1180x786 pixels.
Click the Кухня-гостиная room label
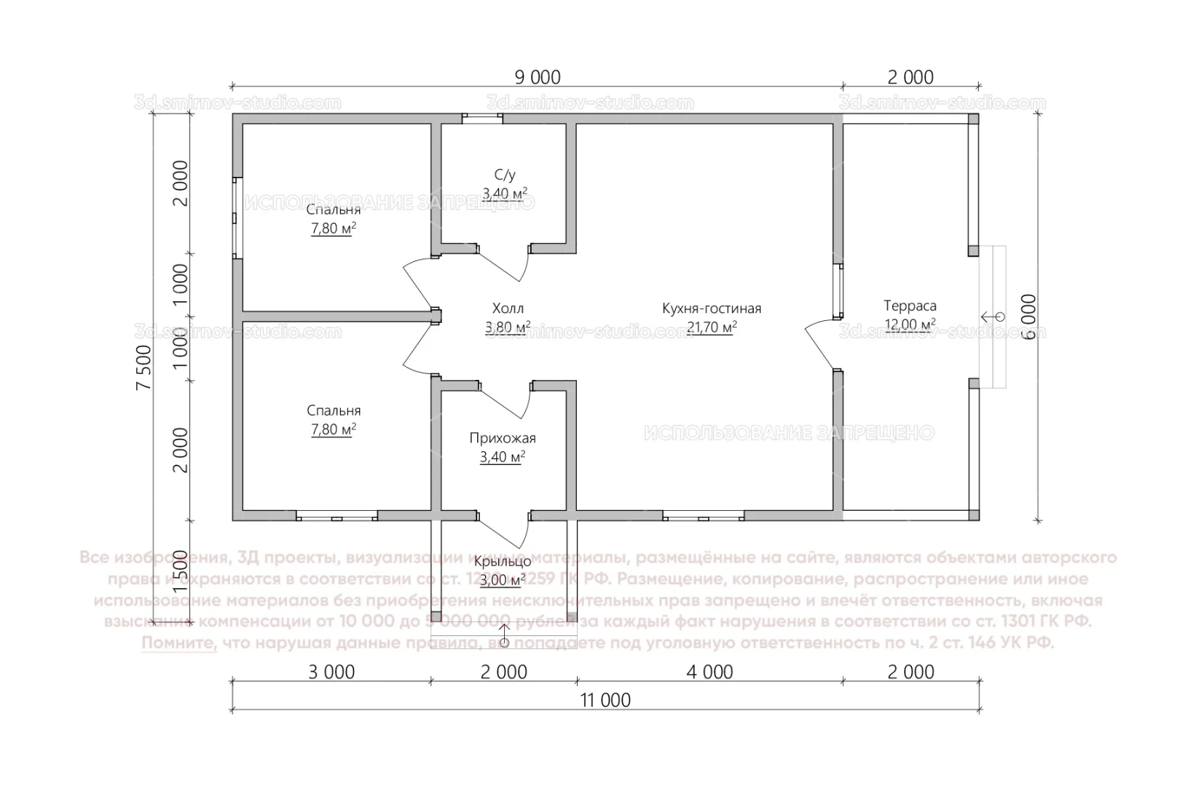click(x=712, y=309)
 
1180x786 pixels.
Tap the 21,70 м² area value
click(x=712, y=327)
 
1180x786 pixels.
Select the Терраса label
click(x=910, y=306)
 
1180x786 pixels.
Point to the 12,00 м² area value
click(x=910, y=325)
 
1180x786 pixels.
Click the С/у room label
click(x=505, y=175)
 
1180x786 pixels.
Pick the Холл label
click(x=508, y=309)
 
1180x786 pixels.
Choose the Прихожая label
click(x=503, y=438)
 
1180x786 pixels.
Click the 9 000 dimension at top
click(x=538, y=76)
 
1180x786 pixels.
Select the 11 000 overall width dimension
click(x=605, y=700)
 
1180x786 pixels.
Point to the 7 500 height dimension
click(x=145, y=368)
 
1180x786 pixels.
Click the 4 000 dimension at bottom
click(x=709, y=672)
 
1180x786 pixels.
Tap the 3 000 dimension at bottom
click(x=331, y=672)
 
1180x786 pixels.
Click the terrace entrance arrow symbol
click(x=991, y=317)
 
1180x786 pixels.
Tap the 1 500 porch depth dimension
click(x=181, y=572)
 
